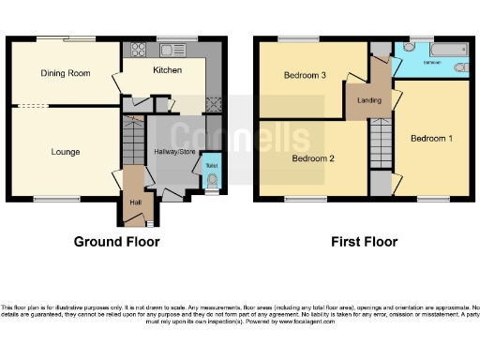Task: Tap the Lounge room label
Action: point(65,152)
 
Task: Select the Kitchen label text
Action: point(167,70)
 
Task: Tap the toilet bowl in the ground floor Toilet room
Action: point(212,182)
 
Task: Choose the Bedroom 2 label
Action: point(312,157)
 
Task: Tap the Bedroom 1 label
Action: point(431,139)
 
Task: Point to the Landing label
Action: point(367,97)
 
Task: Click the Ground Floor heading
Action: point(116,242)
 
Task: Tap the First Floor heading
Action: point(364,242)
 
